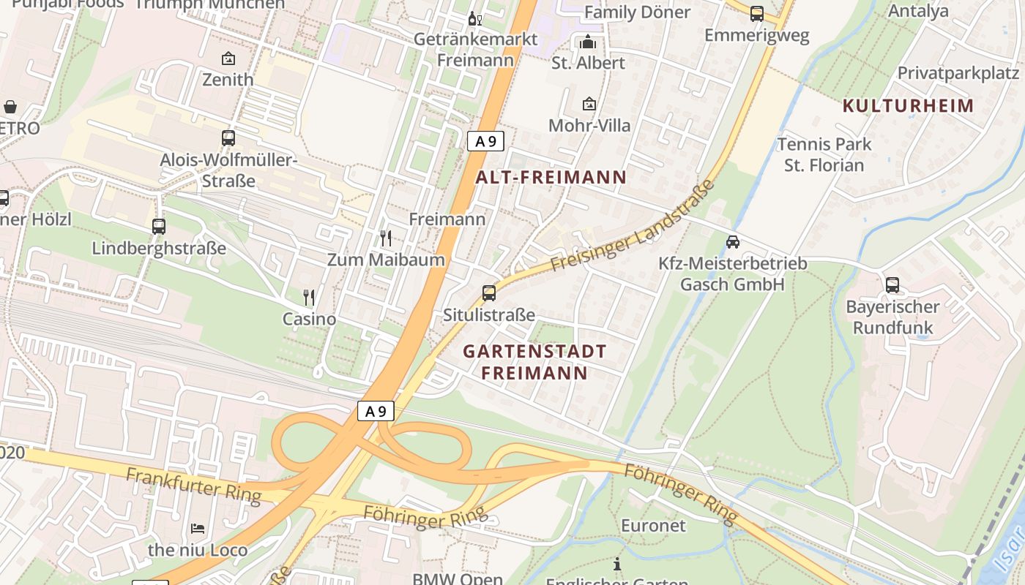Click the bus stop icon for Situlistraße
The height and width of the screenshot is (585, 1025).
489,293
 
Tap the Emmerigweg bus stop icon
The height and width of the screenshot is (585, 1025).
756,13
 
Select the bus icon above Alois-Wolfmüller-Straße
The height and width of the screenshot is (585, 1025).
228,137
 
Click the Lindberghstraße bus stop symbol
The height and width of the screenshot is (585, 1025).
159,227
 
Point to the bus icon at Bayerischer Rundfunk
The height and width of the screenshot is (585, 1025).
892,284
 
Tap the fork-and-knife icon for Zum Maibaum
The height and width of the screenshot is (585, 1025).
386,238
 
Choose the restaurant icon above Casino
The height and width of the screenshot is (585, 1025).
309,297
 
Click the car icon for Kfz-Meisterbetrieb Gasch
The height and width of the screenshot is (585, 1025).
732,241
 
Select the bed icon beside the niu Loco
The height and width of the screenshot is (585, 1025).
198,528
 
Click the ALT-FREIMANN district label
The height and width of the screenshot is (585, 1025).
551,177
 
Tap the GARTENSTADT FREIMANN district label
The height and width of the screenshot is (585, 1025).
535,362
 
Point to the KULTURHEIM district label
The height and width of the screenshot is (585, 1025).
908,105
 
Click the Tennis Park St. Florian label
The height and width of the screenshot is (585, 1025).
824,154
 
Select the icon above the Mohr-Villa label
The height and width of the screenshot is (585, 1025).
589,105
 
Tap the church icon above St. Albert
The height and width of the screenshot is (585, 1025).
588,42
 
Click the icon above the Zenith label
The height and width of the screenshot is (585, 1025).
228,58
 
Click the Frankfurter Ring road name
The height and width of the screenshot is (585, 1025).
193,486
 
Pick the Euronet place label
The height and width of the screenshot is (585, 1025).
653,525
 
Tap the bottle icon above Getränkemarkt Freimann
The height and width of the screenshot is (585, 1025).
474,18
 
